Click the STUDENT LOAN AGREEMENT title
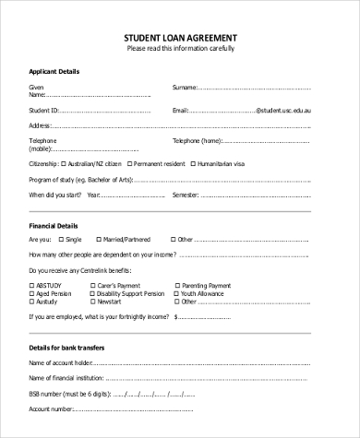point(180,38)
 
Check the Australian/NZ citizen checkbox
point(76,162)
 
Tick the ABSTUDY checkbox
point(33,285)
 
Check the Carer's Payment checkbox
point(90,285)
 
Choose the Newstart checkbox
point(90,301)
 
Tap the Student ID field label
point(43,109)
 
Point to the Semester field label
point(188,195)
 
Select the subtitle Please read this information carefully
point(180,49)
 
